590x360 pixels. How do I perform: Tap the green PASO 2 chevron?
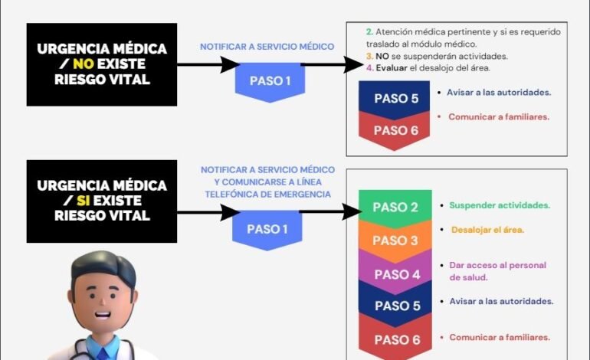pyautogui.click(x=395, y=207)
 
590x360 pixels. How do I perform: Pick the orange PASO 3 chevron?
pyautogui.click(x=395, y=240)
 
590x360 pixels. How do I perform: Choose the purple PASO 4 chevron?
pyautogui.click(x=395, y=273)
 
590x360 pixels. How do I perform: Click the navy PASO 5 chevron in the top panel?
pyautogui.click(x=396, y=98)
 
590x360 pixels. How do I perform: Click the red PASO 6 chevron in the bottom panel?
pyautogui.click(x=395, y=339)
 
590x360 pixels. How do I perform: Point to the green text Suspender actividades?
pyautogui.click(x=499, y=205)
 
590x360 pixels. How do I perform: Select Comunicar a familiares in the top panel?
pyautogui.click(x=499, y=117)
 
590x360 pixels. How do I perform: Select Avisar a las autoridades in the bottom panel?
pyautogui.click(x=501, y=301)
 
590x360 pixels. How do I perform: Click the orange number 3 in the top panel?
pyautogui.click(x=369, y=56)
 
